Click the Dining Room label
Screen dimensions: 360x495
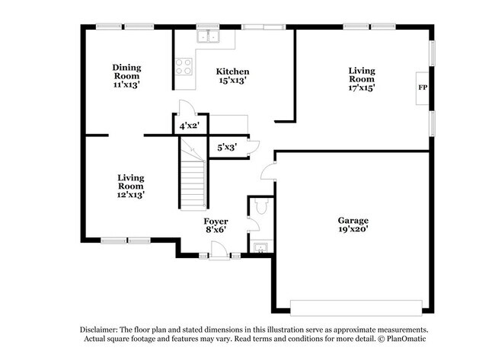tap(127, 72)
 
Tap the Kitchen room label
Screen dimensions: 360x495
tap(232, 72)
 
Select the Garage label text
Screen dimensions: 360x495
tap(353, 220)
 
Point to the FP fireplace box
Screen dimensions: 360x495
tap(422, 88)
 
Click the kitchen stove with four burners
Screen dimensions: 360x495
tap(184, 66)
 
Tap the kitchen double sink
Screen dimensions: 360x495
tap(206, 36)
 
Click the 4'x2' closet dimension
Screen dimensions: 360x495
tap(189, 126)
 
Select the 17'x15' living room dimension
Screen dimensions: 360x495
tap(362, 87)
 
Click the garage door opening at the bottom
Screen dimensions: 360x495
tap(356, 307)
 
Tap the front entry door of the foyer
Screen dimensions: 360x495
tap(219, 251)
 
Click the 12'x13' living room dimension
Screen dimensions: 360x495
tap(130, 195)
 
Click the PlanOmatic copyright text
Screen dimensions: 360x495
tap(406, 339)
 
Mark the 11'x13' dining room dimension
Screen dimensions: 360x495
tap(127, 86)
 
